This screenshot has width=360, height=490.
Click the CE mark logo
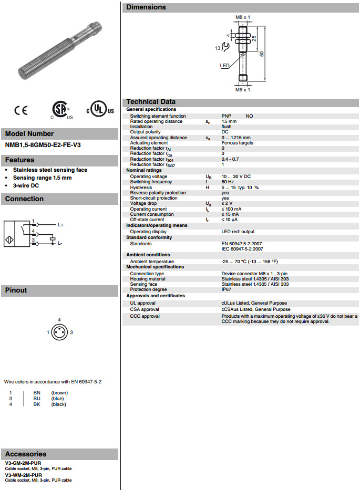point(22,110)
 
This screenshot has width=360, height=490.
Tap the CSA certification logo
point(58,110)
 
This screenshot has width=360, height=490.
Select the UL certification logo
point(100,110)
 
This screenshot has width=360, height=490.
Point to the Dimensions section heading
point(146,7)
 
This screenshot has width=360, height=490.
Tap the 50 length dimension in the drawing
point(261,54)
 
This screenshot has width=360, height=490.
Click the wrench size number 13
point(217,48)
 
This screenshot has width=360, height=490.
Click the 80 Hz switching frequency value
point(228,182)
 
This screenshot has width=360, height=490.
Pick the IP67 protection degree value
point(227,289)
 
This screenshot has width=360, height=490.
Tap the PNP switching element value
point(227,116)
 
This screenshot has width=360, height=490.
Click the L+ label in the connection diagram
point(60,224)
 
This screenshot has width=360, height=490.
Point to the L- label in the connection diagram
point(60,243)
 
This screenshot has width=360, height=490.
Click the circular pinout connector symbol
point(59,332)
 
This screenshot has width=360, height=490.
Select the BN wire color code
point(37,393)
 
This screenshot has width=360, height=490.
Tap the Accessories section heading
point(26,454)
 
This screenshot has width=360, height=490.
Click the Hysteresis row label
point(141,187)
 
